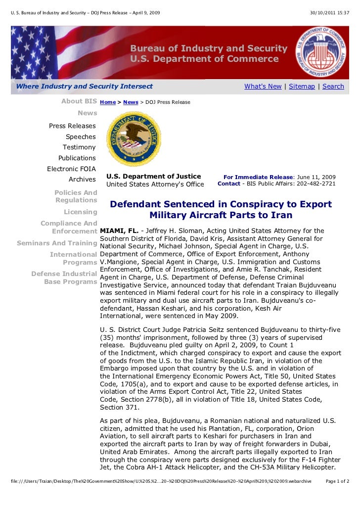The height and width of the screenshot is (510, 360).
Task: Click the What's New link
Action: (263, 87)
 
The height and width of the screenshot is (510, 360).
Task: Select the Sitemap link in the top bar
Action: (302, 87)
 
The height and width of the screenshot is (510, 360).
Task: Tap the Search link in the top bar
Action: (333, 87)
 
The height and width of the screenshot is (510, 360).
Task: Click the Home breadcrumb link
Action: (108, 102)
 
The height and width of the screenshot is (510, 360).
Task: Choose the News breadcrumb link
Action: (131, 102)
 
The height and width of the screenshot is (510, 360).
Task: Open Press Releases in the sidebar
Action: (72, 126)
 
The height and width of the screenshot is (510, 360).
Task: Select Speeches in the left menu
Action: (81, 137)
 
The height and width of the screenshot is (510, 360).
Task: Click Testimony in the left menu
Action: (79, 147)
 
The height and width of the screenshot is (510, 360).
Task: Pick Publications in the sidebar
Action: (77, 158)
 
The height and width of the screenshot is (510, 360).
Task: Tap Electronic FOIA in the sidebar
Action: (71, 169)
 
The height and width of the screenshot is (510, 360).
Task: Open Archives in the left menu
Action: (82, 180)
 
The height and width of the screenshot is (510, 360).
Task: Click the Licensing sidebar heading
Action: (80, 212)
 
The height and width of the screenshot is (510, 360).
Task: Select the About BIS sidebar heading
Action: (79, 101)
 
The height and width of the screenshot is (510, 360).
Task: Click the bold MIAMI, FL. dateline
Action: (119, 231)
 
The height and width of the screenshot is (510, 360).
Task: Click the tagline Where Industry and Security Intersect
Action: (85, 87)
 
